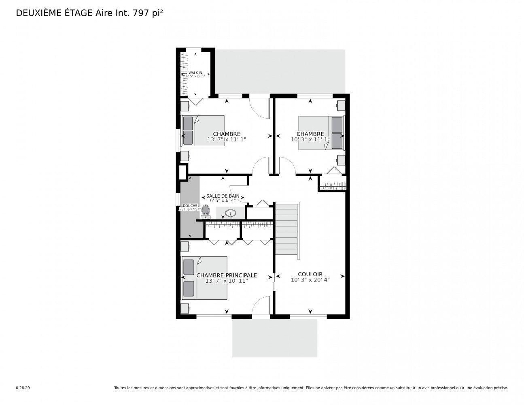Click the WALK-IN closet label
pos(195,72)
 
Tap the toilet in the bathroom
pos(205,211)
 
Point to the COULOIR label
pos(310,274)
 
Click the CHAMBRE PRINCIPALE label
pos(226,275)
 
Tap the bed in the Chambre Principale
pos(204,278)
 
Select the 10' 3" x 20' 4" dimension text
pos(310,280)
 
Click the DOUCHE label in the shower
pos(190,206)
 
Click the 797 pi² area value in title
pos(149,13)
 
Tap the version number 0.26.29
pos(23,388)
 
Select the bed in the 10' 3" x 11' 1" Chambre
pos(321,133)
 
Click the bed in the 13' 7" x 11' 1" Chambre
pos(203,131)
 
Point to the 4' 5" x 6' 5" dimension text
pos(195,76)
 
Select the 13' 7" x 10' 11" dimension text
pos(226,281)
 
